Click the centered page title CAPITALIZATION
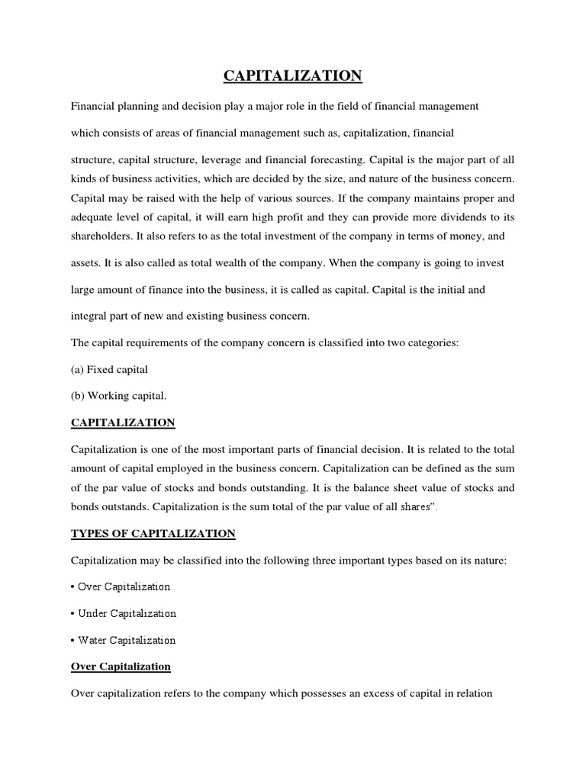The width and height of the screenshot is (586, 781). click(x=293, y=76)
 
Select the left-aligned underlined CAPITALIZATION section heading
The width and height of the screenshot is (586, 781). click(x=123, y=422)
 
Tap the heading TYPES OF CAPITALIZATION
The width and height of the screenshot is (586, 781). click(x=153, y=532)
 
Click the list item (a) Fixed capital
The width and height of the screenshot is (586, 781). click(x=109, y=369)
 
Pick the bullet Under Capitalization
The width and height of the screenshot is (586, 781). click(x=123, y=613)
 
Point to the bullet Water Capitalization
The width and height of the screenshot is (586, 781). click(x=123, y=640)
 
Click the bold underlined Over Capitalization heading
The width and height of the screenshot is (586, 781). click(x=121, y=666)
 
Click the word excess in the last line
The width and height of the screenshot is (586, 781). click(x=382, y=693)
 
